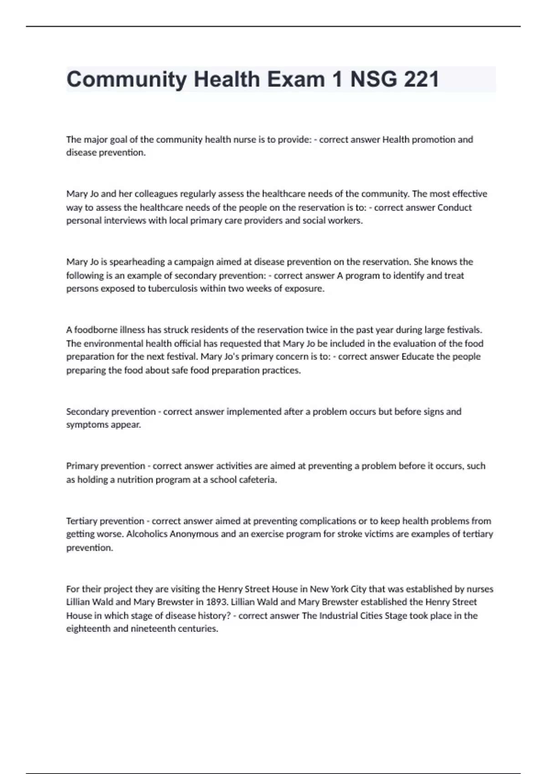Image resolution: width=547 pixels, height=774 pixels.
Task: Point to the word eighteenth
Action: coord(88,629)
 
